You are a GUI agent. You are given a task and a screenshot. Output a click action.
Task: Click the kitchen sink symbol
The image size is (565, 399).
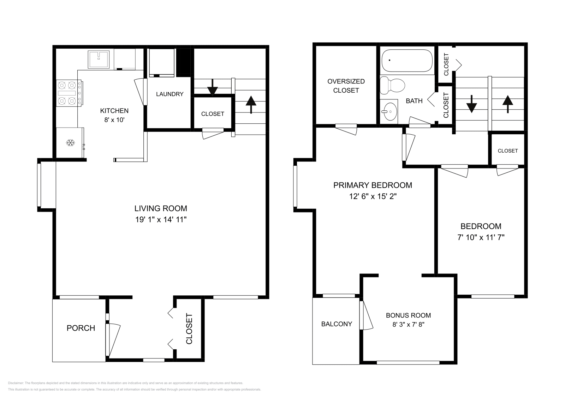99,59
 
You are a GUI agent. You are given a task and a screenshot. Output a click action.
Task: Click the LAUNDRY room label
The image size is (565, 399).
170,94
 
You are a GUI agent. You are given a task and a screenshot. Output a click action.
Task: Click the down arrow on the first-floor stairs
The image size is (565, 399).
212,87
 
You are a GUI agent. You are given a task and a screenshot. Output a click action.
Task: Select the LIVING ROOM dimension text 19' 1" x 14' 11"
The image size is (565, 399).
161,220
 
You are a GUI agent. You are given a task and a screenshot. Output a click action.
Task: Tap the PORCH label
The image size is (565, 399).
81,328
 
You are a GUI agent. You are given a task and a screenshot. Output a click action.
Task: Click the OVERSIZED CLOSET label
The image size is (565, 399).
346,86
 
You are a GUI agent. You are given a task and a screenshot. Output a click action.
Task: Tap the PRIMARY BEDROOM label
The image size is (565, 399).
373,185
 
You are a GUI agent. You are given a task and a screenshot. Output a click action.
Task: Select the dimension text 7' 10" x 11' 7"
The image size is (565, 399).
481,238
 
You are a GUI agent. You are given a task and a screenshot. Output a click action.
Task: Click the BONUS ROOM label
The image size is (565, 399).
408,315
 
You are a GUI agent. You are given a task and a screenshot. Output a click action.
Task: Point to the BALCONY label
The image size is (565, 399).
337,324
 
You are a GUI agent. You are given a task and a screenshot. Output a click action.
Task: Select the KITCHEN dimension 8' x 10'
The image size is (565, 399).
114,120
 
